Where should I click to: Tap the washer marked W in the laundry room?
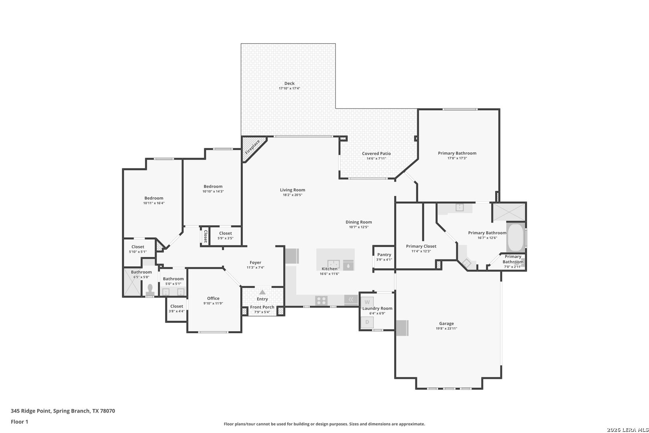(367, 302)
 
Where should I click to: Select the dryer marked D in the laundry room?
(367, 322)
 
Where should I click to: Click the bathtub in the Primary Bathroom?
(516, 237)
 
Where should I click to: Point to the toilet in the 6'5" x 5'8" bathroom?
(150, 290)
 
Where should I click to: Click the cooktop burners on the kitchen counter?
(321, 300)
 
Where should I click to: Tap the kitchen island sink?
(333, 264)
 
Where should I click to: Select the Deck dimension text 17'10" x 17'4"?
(289, 89)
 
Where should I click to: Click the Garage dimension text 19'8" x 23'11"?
(446, 329)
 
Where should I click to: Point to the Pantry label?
(384, 255)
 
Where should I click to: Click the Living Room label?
(292, 190)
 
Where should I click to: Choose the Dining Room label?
(359, 222)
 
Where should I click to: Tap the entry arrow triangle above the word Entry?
(262, 292)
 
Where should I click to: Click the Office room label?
(213, 298)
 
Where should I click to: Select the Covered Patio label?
(376, 154)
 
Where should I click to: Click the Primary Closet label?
(421, 246)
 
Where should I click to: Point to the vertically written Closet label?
(206, 236)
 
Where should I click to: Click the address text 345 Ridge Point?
(30, 411)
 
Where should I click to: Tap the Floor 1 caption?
(19, 422)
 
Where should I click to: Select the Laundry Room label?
(377, 308)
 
